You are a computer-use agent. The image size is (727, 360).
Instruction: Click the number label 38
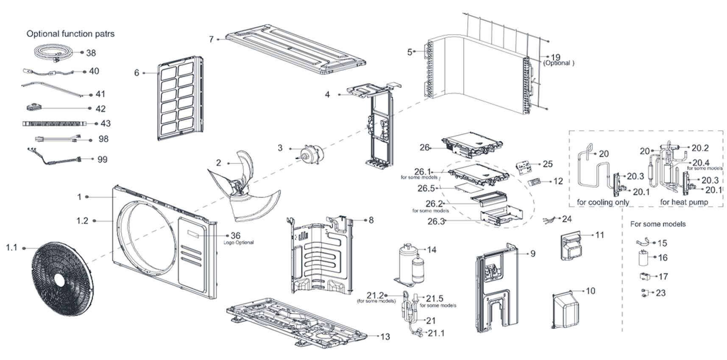[91, 53]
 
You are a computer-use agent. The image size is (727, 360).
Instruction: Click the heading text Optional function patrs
[70, 34]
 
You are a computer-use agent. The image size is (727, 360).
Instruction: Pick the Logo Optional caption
[239, 243]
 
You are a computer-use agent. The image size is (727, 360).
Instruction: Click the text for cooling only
[603, 202]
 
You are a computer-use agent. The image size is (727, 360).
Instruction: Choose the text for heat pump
[684, 202]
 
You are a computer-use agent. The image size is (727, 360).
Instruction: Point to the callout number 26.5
[426, 188]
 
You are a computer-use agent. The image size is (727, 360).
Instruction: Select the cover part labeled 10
[565, 309]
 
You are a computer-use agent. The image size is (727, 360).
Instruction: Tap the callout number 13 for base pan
[385, 337]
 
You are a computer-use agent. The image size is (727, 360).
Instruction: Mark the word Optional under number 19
[558, 63]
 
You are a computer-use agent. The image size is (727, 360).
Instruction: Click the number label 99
[102, 159]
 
